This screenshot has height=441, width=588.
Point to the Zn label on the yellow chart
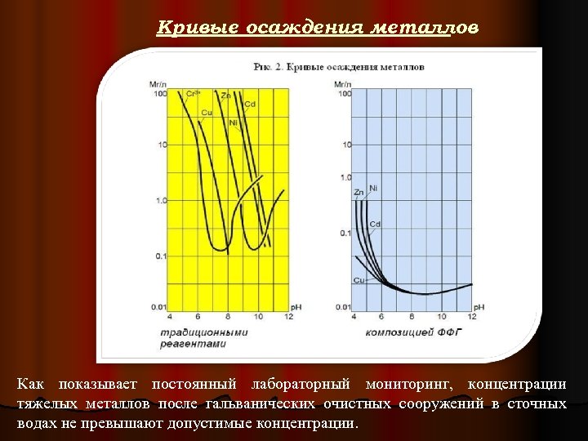coord(226,96)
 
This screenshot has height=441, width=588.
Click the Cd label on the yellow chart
coord(251,105)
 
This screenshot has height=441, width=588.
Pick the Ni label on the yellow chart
coord(234,122)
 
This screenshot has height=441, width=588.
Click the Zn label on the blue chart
coord(359,193)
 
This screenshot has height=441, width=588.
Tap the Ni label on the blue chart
coord(373,189)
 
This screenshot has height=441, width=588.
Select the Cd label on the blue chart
coord(375,224)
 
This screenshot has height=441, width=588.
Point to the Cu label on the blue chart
coord(359,280)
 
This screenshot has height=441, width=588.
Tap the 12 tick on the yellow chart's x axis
coord(288,316)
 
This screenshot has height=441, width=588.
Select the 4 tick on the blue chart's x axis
coord(354,316)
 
